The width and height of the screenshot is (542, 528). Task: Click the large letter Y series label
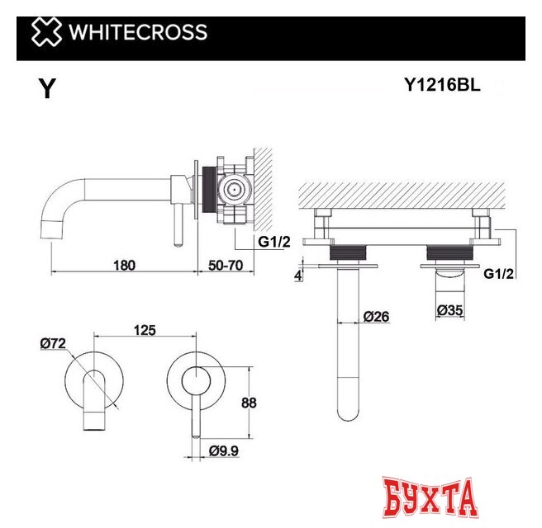(47, 89)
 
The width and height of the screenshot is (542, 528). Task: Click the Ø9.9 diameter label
(225, 450)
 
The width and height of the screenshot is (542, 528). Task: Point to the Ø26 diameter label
(376, 315)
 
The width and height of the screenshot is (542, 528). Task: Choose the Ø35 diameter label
(451, 310)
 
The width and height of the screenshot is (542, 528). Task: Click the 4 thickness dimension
(299, 274)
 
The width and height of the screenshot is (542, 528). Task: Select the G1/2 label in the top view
(499, 273)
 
